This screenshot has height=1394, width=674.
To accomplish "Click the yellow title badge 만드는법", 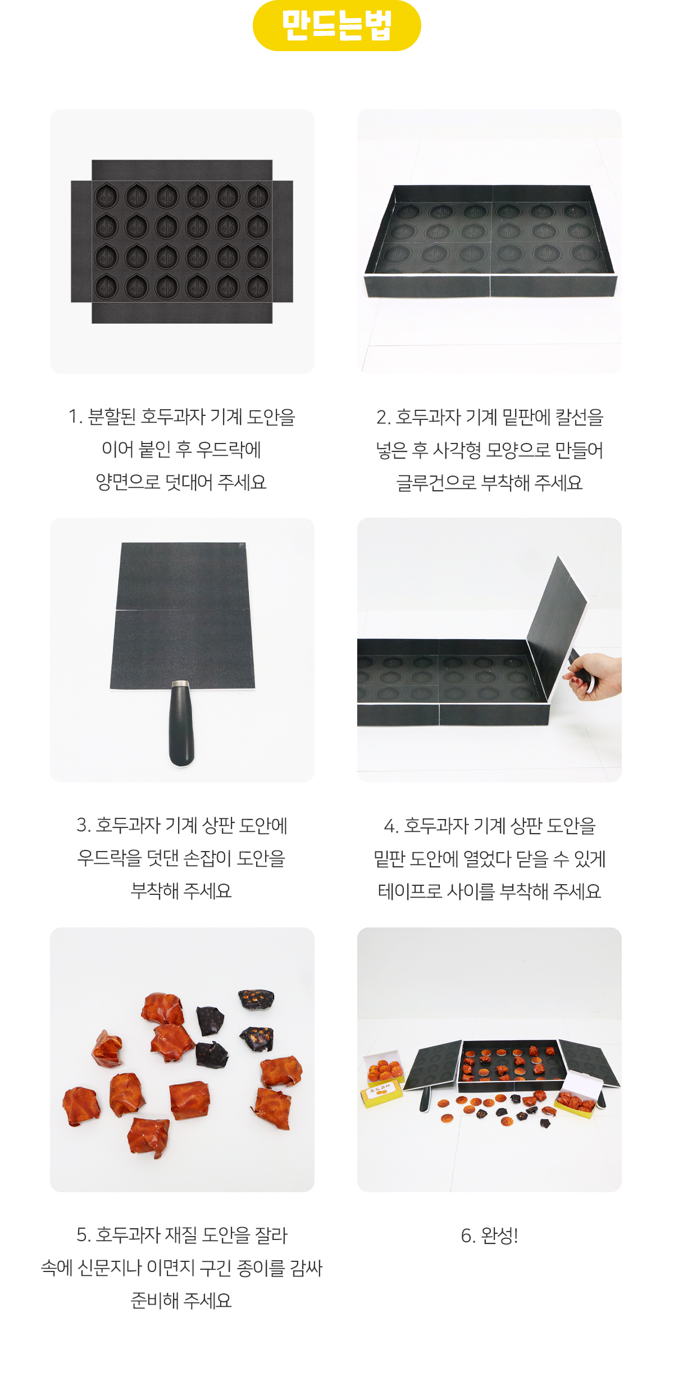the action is point(336,26).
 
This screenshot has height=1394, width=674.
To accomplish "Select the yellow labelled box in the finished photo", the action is point(381,1092).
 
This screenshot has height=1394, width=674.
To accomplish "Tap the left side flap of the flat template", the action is point(81,241).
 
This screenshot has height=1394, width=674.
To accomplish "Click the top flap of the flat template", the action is point(182,170).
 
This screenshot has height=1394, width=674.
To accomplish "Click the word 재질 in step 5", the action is point(180,1235).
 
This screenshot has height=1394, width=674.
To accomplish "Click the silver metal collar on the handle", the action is point(181,685).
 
